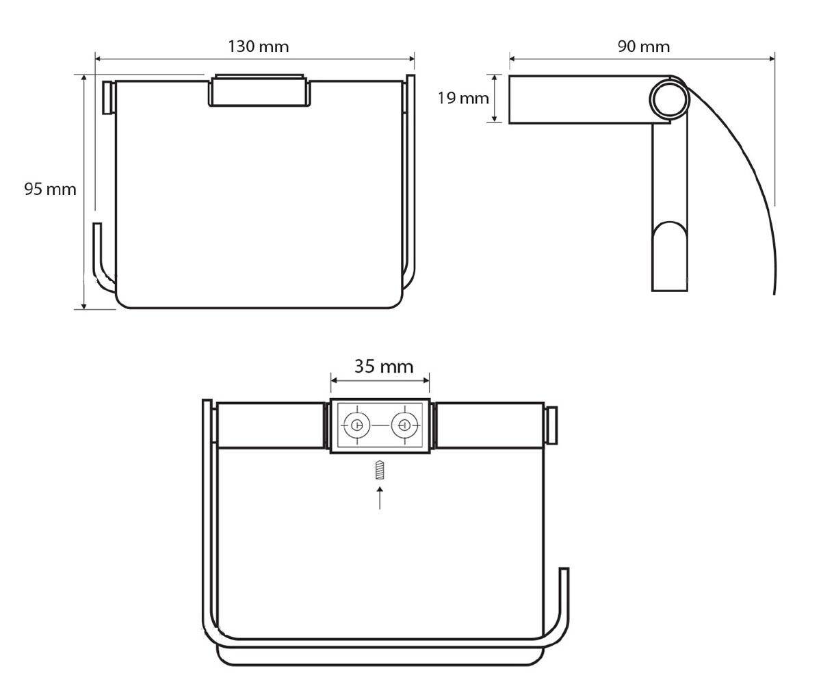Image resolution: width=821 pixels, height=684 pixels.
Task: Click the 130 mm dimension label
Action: (259, 47)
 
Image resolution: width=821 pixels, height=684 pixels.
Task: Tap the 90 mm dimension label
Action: (644, 47)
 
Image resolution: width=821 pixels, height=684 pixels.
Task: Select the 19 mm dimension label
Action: (463, 98)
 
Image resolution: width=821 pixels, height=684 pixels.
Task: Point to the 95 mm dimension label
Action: (50, 189)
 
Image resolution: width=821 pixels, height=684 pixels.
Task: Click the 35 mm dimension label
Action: (384, 367)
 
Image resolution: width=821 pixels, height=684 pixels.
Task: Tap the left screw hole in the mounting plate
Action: (356, 425)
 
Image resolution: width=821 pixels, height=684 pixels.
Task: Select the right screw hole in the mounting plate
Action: (404, 425)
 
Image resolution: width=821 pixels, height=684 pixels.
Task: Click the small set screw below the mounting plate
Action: (380, 470)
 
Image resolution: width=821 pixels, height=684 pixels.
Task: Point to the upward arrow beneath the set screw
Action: (380, 498)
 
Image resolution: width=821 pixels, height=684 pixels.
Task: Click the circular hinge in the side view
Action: (669, 99)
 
